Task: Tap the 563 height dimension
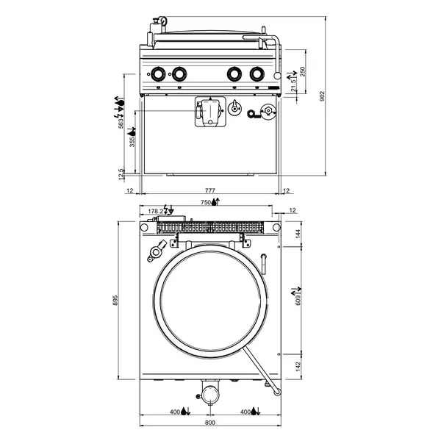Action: click(121, 123)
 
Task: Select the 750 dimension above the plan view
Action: click(206, 202)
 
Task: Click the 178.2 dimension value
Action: click(154, 211)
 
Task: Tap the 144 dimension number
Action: click(298, 234)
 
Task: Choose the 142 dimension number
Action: click(298, 367)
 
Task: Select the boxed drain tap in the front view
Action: click(208, 112)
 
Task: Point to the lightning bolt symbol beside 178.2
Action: click(167, 210)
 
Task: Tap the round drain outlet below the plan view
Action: click(210, 393)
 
